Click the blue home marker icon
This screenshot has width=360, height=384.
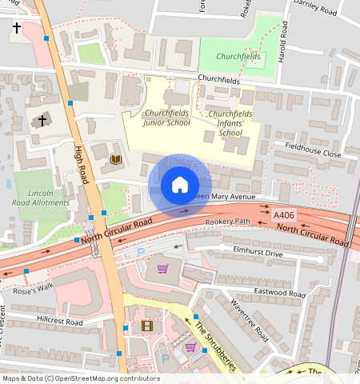pyautogui.click(x=180, y=186)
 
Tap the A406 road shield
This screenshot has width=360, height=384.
pyautogui.click(x=284, y=215)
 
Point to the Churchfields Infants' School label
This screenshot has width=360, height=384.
pyautogui.click(x=230, y=123)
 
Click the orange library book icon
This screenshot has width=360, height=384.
pyautogui.click(x=115, y=159)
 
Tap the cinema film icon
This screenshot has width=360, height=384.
pyautogui.click(x=146, y=325)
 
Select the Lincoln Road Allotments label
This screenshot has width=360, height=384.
pyautogui.click(x=40, y=198)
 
